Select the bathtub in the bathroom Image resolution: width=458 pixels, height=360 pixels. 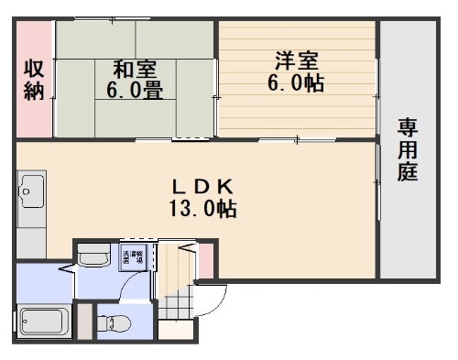43,322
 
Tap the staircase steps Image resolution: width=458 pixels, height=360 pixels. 176,275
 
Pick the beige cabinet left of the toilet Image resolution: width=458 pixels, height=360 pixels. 85,322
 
